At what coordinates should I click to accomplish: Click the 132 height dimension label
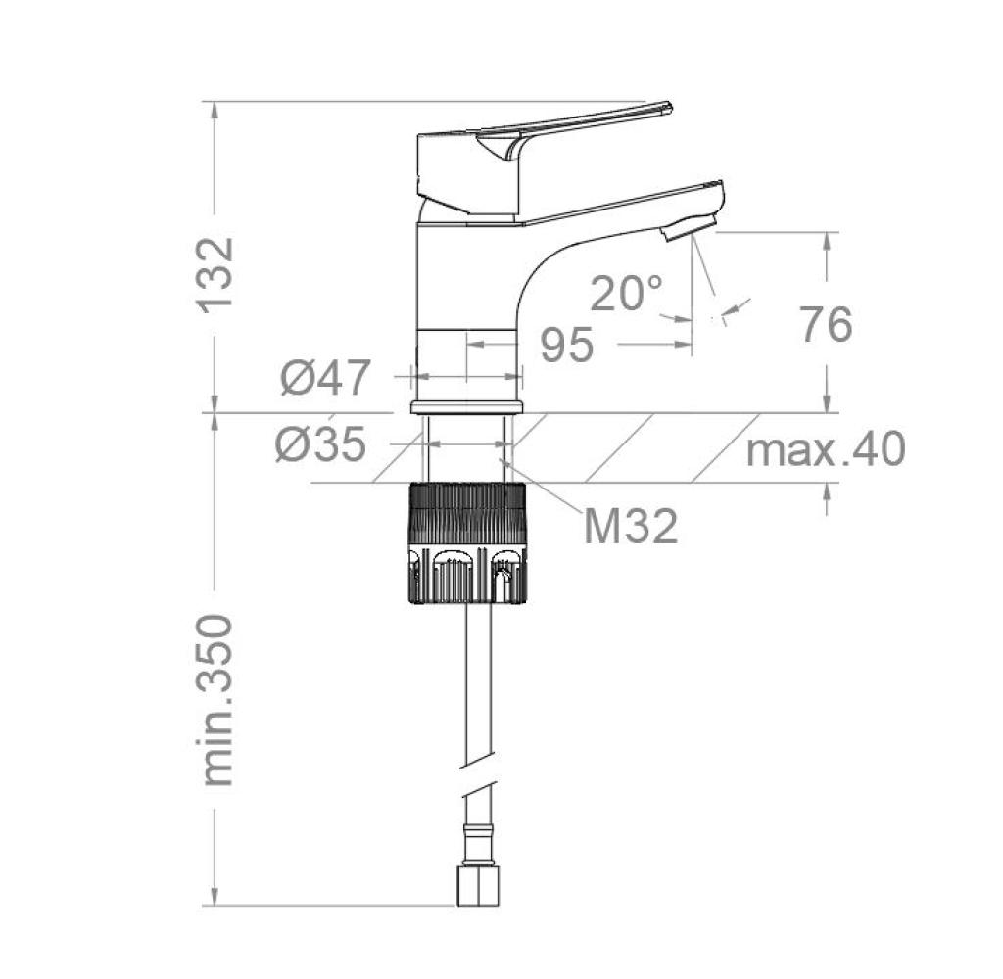pos(215,275)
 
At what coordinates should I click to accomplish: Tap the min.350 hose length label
pos(216,700)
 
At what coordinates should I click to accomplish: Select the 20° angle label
pos(626,294)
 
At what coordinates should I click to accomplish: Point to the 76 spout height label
pos(827,324)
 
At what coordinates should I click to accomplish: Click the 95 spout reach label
pos(567,345)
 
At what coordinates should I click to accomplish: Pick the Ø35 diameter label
pos(320,443)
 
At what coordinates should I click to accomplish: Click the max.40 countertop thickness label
pos(826,448)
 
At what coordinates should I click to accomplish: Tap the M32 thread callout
pos(631,527)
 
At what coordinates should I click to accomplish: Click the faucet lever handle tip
pos(668,106)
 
